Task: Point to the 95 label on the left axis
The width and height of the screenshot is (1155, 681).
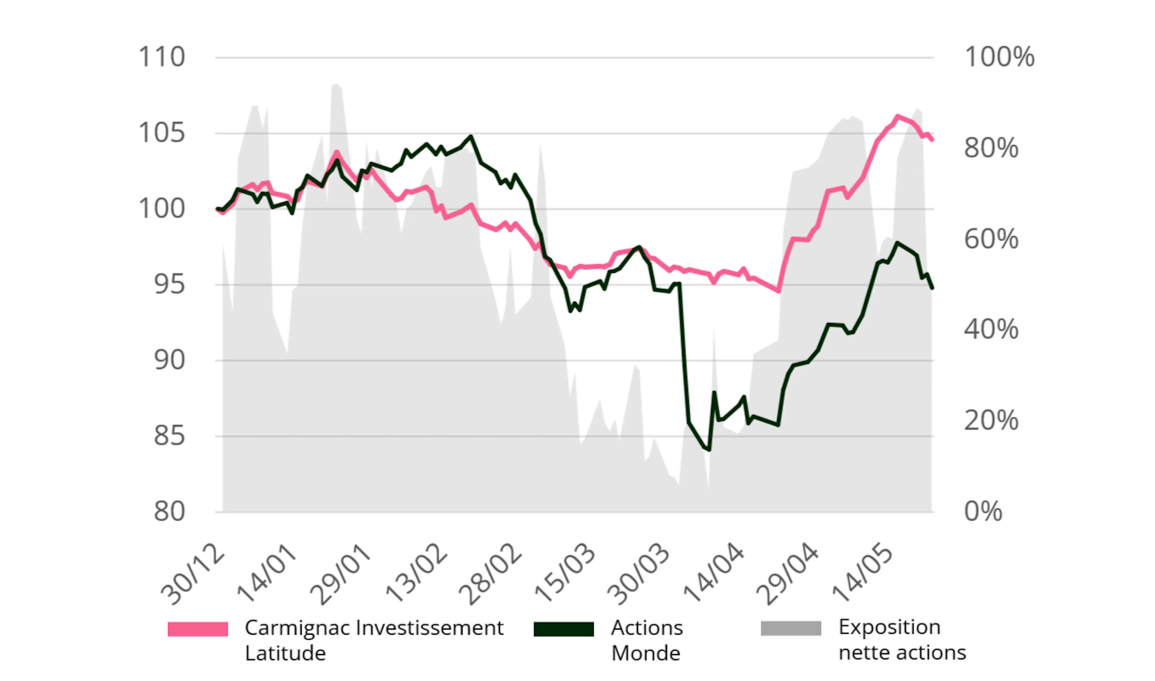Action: coord(169,285)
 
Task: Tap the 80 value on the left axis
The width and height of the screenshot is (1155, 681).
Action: coord(169,512)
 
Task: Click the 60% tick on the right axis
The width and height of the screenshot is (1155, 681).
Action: coord(991,239)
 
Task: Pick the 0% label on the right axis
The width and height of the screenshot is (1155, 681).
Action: coord(983,512)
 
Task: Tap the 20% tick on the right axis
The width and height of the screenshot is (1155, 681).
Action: coord(991,421)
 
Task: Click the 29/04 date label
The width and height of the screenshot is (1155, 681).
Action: coord(787,575)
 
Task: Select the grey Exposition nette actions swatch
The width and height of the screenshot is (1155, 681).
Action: coord(791,629)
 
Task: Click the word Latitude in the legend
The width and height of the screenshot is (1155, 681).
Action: coord(285,653)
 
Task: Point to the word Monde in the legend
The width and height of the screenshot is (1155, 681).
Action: coord(646,653)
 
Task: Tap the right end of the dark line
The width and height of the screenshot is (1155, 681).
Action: coord(932,288)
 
